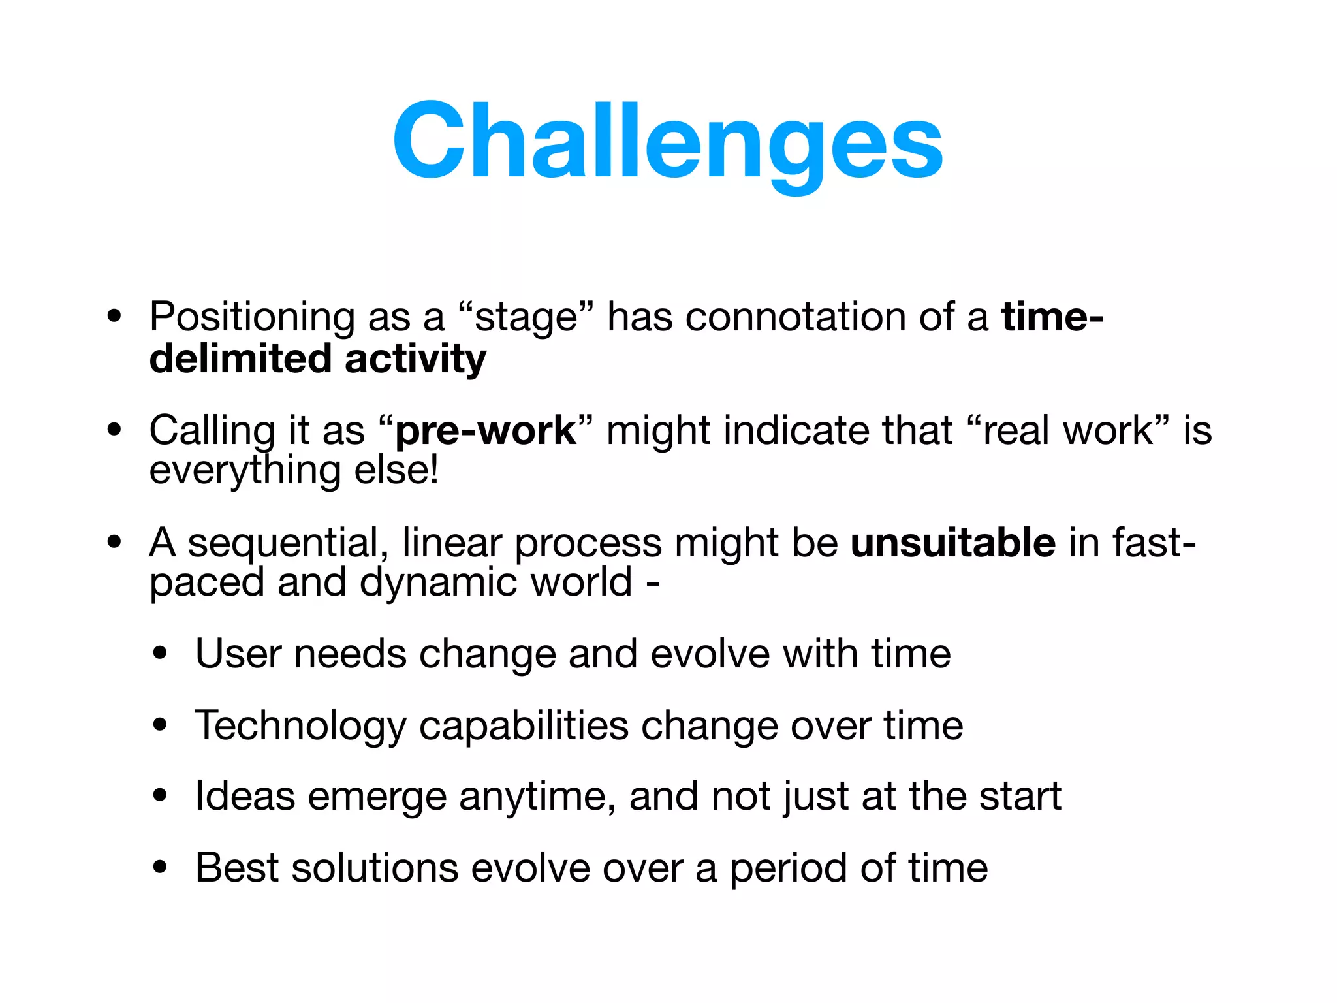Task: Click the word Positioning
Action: point(252,317)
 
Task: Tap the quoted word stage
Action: point(526,319)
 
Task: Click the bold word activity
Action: point(415,360)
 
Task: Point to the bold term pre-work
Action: point(486,431)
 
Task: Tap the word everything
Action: point(245,471)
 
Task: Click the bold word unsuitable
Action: point(952,543)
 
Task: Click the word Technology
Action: point(300,726)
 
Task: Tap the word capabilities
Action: point(523,726)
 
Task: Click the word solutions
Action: point(375,868)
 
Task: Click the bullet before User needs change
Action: point(160,654)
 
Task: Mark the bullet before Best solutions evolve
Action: point(160,868)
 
